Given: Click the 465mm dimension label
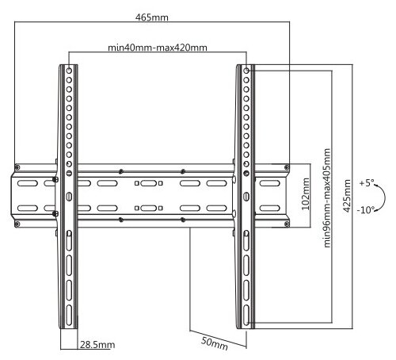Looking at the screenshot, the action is coord(152,17).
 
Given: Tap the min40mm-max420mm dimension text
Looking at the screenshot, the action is coord(158,48).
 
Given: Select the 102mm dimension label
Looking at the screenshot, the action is coord(306,194).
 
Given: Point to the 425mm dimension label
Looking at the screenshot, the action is coord(347,196).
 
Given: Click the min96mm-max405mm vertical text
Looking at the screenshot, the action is coord(327,198).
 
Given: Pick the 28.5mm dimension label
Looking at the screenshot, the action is coord(97,345).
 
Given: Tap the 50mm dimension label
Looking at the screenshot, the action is coord(215,343).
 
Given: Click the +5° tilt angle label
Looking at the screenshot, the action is coord(367,183).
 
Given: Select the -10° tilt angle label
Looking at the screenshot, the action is coord(366,210).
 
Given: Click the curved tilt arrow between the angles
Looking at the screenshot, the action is coord(385,197).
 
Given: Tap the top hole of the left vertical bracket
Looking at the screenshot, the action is coord(69,71).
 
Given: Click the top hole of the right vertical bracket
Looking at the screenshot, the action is coord(246,71).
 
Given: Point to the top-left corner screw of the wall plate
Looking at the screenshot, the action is coord(17,167).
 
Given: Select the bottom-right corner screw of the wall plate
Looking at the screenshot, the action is coord(287,224).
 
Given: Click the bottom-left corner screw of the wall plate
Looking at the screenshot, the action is coord(17,224).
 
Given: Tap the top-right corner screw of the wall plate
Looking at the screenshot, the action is coord(287,167).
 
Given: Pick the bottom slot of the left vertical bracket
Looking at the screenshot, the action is coord(69,315).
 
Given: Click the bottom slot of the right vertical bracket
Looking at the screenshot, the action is coord(246,315).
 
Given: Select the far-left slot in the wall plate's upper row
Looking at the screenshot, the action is coord(28,183).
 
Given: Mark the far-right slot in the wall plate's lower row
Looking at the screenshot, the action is coord(269,209).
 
